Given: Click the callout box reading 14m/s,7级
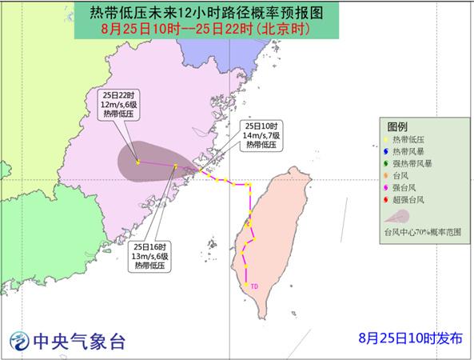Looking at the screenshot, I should point(261,137).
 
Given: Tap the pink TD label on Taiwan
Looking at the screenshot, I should point(254,286).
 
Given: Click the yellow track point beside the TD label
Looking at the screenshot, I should point(245,285).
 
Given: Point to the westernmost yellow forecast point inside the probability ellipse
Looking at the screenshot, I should point(137,162).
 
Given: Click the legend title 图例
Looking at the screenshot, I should point(397,127).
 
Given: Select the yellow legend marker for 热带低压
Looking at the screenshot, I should point(386,140).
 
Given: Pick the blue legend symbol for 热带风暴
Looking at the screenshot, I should point(386,151).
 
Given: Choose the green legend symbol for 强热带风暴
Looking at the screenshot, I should point(386,163).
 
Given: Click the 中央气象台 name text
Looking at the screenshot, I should point(78,342).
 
